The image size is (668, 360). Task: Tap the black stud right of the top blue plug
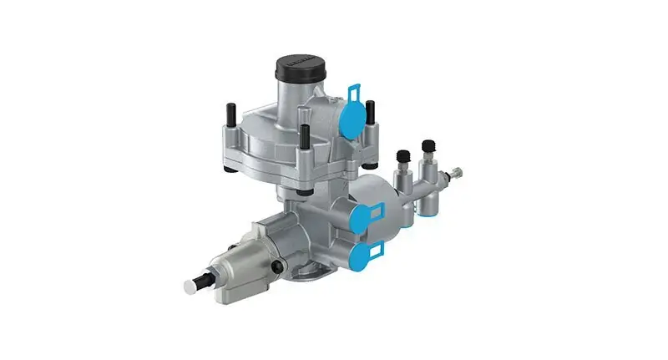370,114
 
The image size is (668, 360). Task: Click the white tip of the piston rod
190,286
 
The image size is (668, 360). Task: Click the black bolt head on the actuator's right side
276,267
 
